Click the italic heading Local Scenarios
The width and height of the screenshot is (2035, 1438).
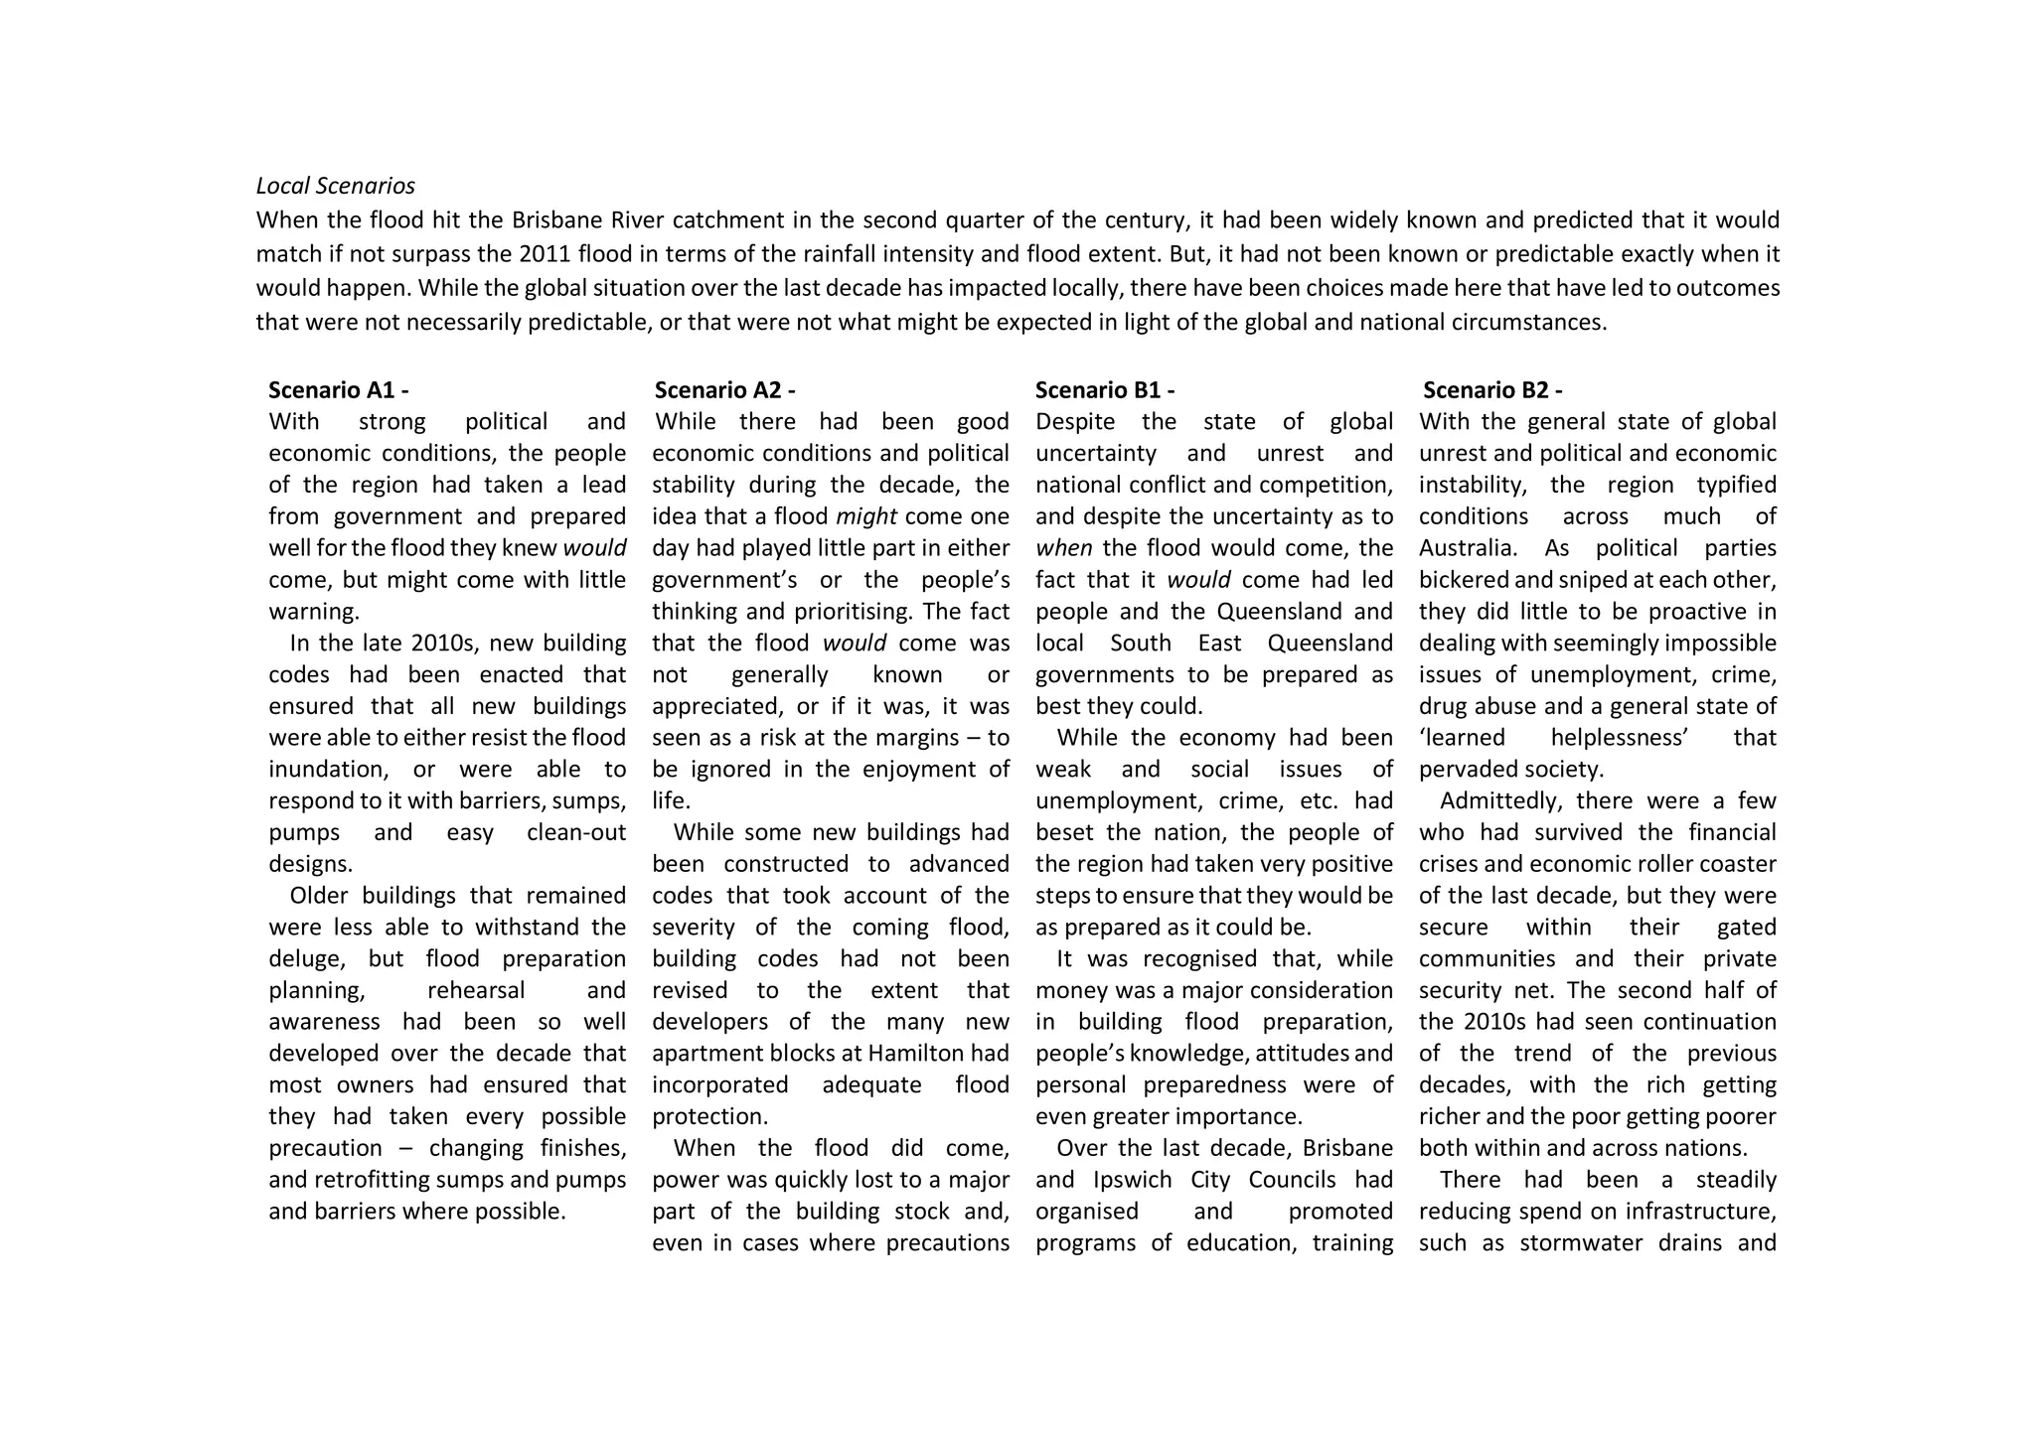click(x=335, y=186)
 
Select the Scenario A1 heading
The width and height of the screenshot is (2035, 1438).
click(x=338, y=390)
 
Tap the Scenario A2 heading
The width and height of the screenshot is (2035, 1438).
click(x=724, y=390)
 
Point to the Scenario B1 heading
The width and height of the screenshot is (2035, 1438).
click(x=1104, y=390)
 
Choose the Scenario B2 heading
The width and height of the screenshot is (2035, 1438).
click(x=1491, y=390)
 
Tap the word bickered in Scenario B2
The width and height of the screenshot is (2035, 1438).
click(x=1466, y=580)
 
